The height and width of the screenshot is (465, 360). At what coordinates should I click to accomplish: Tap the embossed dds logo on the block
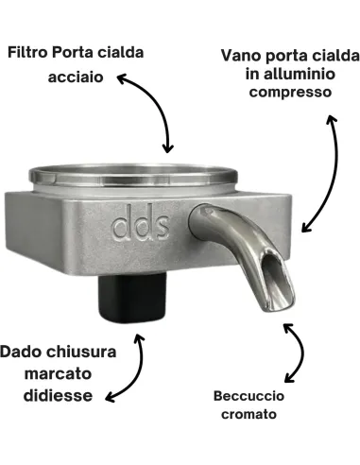pos(138,228)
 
